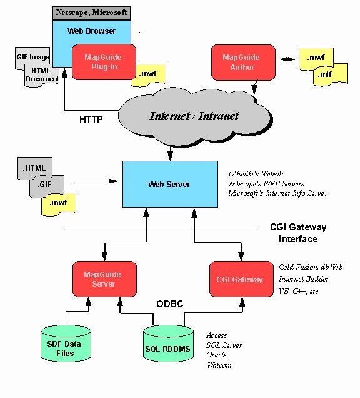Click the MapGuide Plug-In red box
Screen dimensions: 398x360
(103, 62)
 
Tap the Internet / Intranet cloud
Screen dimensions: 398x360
(194, 116)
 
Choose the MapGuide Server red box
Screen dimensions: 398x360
(102, 279)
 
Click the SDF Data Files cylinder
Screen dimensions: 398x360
(65, 344)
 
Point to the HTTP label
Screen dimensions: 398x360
(92, 118)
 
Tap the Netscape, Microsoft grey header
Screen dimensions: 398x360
(91, 12)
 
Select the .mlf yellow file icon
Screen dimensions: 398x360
(324, 75)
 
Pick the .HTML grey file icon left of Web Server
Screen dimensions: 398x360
(35, 168)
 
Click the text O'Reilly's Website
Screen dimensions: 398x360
(256, 173)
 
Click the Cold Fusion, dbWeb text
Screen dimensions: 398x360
(310, 267)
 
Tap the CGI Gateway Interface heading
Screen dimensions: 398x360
(298, 233)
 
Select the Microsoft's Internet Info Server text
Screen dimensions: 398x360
(277, 193)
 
